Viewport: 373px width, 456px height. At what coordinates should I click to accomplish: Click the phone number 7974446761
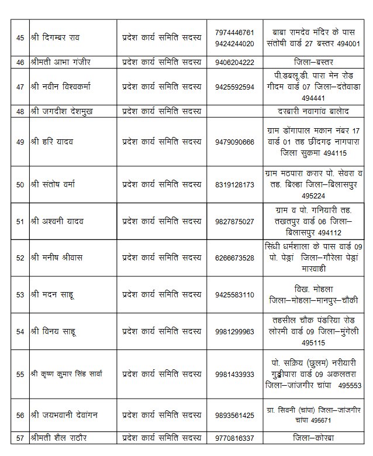pyautogui.click(x=234, y=32)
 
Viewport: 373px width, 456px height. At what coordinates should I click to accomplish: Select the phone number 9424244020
pyautogui.click(x=234, y=43)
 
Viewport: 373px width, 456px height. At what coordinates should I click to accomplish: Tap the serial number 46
pyautogui.click(x=20, y=62)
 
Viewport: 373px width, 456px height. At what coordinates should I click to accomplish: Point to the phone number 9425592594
pyautogui.click(x=234, y=87)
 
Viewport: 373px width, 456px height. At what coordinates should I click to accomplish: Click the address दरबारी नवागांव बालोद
pyautogui.click(x=317, y=111)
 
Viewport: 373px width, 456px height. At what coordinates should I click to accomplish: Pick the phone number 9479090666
pyautogui.click(x=234, y=142)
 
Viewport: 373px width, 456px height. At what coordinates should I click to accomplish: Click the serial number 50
pyautogui.click(x=20, y=184)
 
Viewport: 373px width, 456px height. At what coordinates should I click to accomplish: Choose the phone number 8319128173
pyautogui.click(x=234, y=184)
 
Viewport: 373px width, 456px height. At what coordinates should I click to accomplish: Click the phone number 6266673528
pyautogui.click(x=234, y=258)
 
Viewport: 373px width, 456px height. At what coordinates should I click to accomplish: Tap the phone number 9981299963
pyautogui.click(x=234, y=331)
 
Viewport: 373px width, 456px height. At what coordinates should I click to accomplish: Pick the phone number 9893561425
pyautogui.click(x=234, y=415)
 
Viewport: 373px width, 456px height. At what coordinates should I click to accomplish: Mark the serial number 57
pyautogui.click(x=20, y=438)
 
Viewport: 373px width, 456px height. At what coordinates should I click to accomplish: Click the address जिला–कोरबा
pyautogui.click(x=317, y=438)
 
